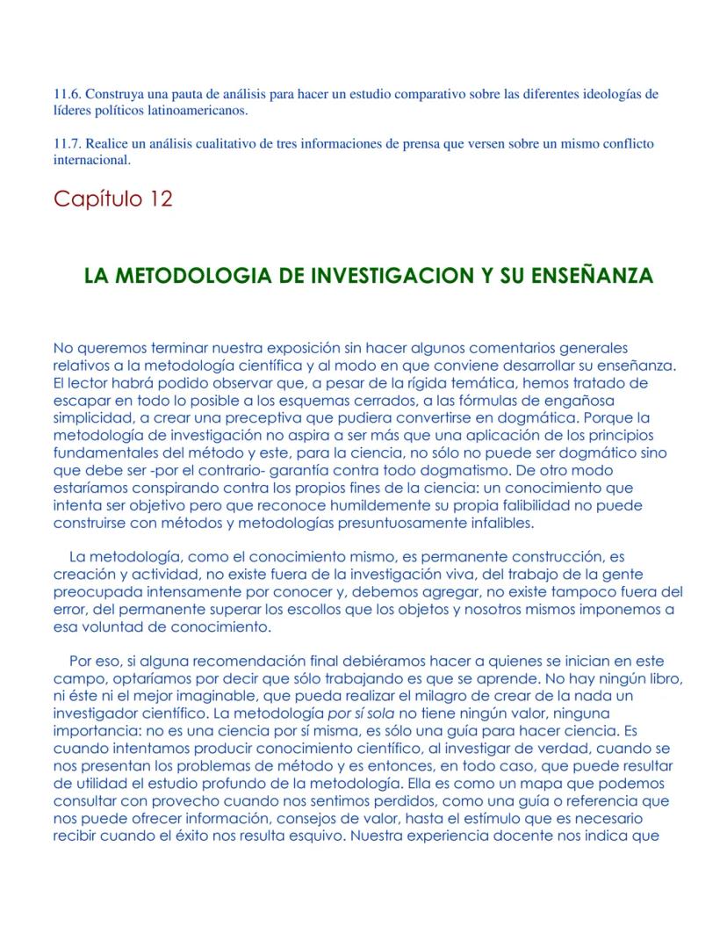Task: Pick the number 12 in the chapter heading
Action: (161, 199)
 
